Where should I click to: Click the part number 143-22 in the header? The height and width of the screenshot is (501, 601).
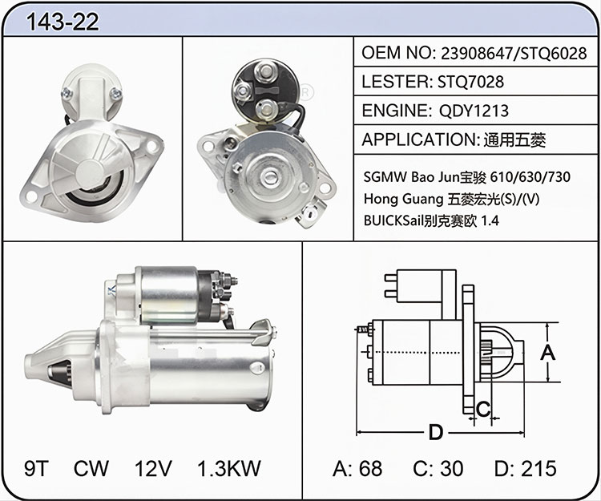[x=63, y=22]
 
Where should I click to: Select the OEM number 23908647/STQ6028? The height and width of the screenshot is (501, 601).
[x=514, y=53]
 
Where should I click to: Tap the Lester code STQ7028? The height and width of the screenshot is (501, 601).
[x=470, y=82]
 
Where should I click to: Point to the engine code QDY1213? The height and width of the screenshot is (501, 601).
[x=474, y=111]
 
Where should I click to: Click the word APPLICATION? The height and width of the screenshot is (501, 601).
[x=419, y=139]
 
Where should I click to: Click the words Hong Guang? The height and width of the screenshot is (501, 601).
[x=403, y=199]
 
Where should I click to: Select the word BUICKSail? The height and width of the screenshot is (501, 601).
[x=393, y=220]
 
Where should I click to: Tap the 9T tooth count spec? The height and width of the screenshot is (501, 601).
[x=36, y=468]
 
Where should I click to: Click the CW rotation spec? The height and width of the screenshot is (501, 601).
[x=91, y=468]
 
